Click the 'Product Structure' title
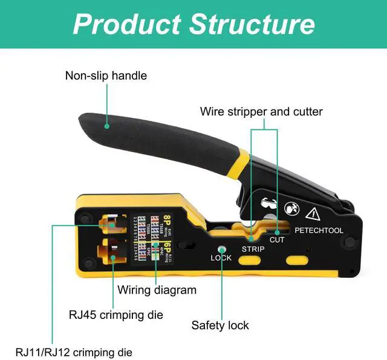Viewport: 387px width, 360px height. [x=193, y=24]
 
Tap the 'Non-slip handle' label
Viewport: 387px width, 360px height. [x=106, y=76]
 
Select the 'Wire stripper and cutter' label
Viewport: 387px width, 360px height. [x=261, y=112]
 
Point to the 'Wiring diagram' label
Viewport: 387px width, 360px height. [x=157, y=290]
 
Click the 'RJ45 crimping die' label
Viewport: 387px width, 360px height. [x=115, y=315]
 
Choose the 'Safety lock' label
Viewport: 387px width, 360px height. [x=220, y=326]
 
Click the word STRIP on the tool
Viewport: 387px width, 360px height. [x=253, y=248]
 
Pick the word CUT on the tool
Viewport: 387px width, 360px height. [x=278, y=240]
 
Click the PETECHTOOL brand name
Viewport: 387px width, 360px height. [x=319, y=230]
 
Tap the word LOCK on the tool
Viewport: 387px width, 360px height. [x=221, y=258]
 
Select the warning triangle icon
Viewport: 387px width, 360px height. [x=313, y=213]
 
